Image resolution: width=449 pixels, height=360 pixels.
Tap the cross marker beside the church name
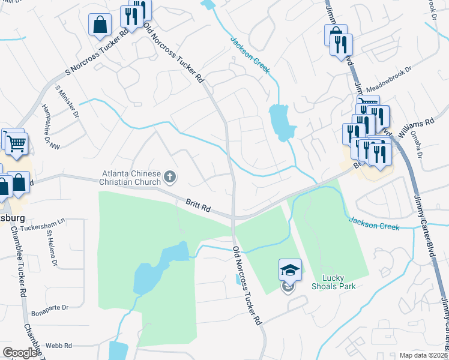170,177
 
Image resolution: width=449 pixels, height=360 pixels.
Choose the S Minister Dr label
67,101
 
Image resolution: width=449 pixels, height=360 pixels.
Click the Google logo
20,353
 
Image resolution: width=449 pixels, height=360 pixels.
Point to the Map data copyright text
423,355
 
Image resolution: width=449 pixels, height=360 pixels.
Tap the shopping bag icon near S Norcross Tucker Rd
100,26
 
